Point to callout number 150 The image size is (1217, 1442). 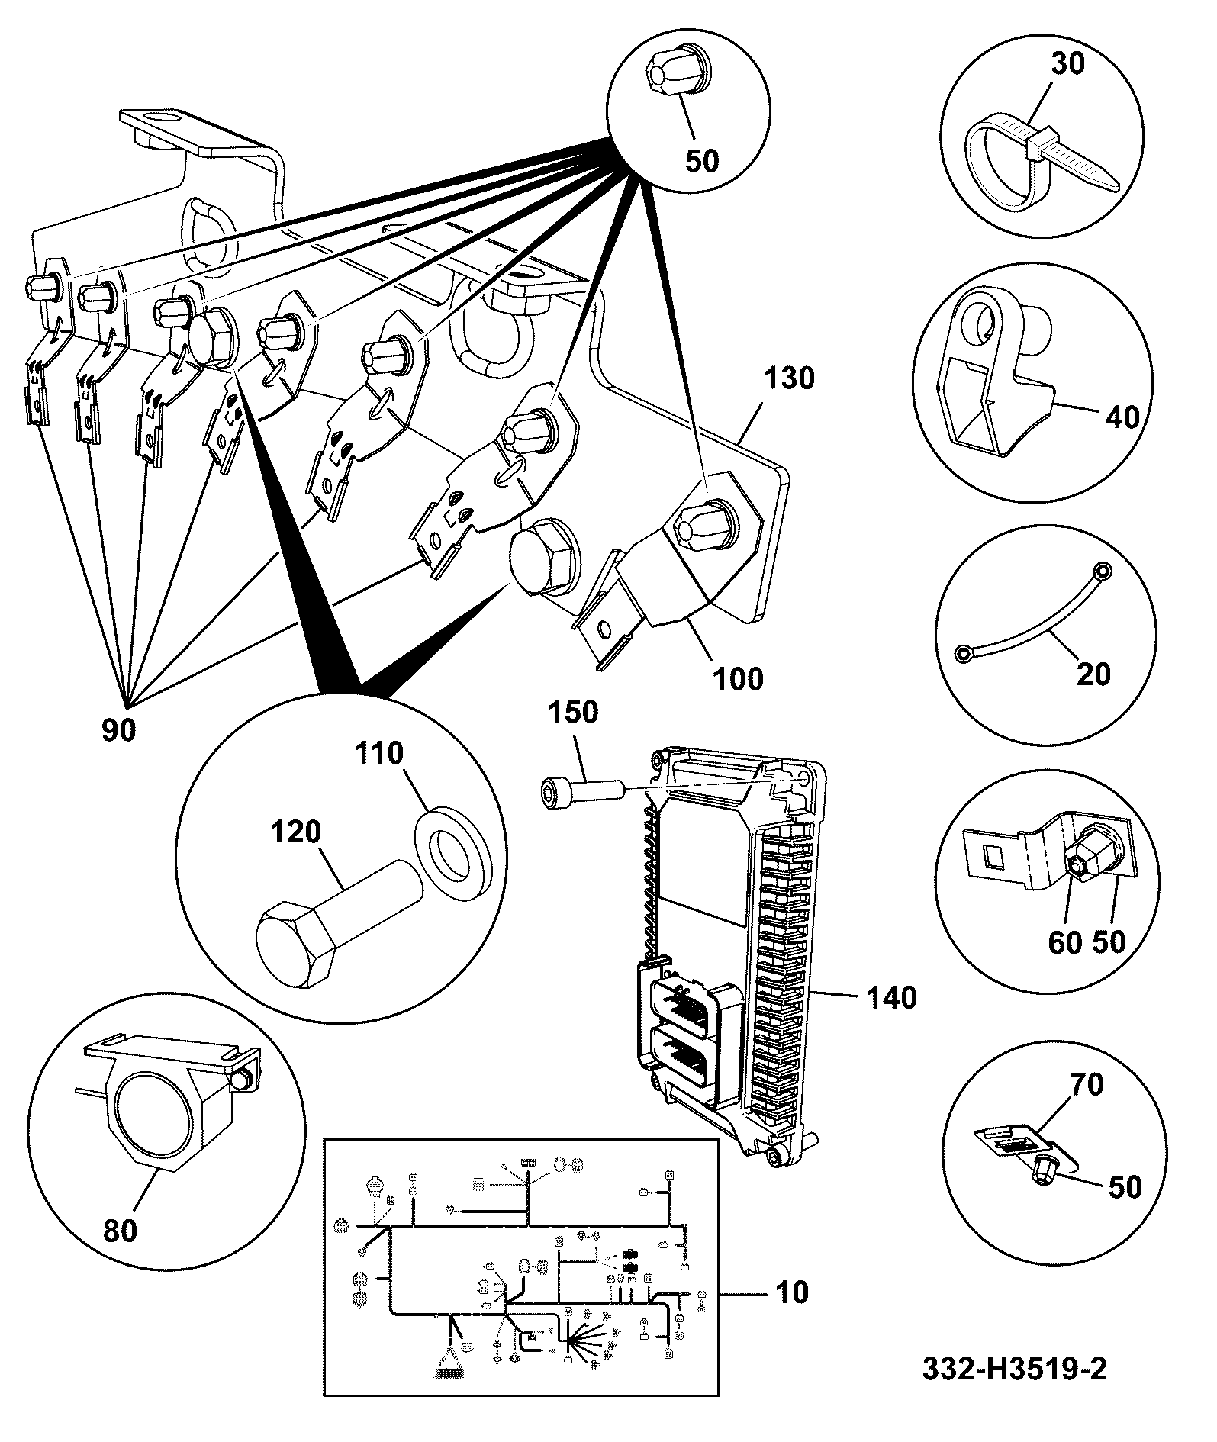(573, 713)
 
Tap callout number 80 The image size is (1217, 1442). (120, 1231)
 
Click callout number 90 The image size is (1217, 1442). (119, 730)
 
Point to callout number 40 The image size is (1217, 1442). (1122, 417)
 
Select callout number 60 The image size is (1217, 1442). (1065, 942)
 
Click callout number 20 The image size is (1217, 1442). (1092, 674)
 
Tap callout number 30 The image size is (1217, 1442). (1067, 63)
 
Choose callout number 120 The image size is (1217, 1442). (296, 831)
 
